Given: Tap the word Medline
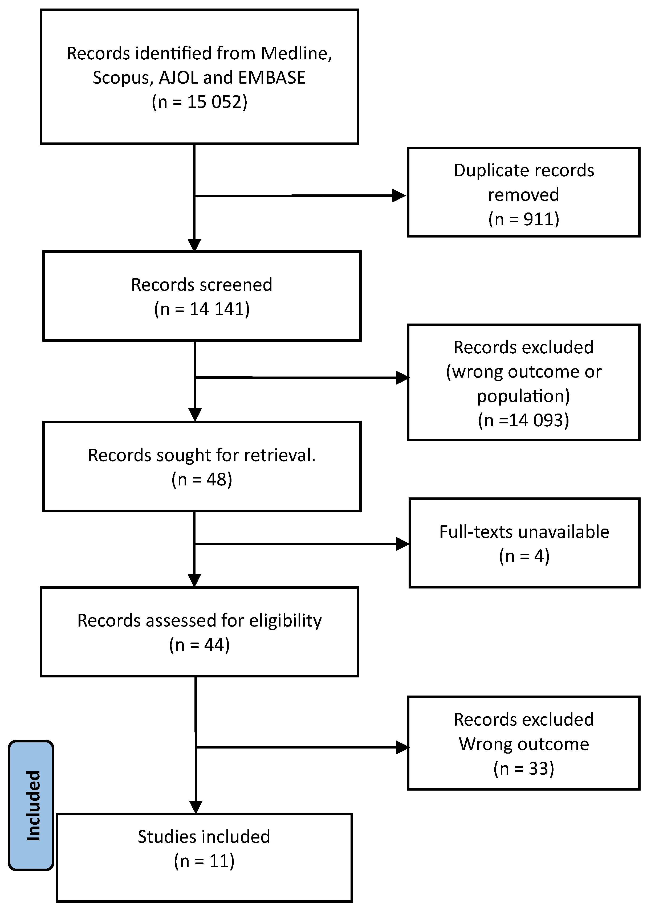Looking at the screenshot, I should tap(296, 54).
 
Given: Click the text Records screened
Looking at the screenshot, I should tap(201, 285).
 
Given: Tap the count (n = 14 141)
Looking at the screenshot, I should tap(202, 309).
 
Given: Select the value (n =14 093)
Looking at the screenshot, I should tap(523, 420).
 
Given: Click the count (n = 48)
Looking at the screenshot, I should tap(202, 480).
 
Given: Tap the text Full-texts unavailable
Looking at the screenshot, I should tap(524, 532).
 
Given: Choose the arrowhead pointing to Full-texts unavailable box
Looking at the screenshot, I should tap(402, 544).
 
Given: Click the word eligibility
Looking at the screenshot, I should tap(285, 620).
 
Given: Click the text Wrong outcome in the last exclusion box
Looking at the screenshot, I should tap(523, 744).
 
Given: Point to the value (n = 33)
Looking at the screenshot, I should tap(523, 769).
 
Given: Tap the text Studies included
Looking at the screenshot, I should tap(204, 837).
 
